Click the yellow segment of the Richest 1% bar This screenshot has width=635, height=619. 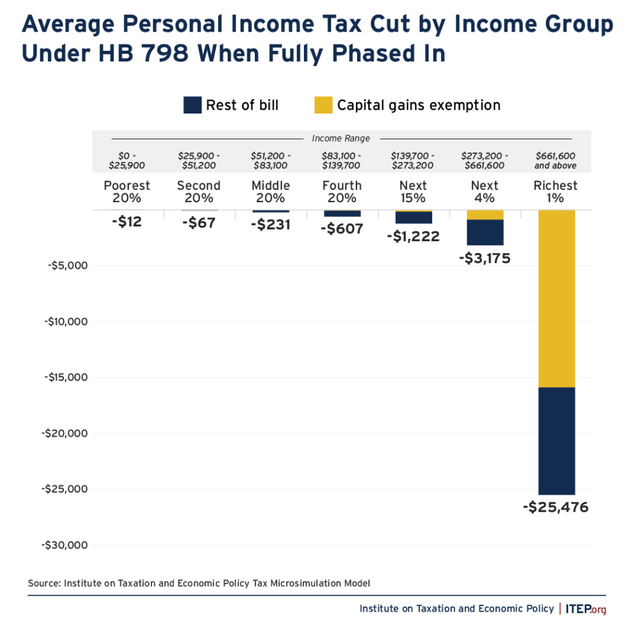556,298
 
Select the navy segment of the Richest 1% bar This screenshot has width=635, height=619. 556,440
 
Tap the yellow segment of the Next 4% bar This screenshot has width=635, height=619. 485,215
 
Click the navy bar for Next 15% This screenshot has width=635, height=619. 414,217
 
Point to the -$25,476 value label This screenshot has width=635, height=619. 556,507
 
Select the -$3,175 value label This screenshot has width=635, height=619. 484,258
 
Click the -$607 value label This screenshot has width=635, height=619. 342,228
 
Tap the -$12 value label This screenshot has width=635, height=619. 127,221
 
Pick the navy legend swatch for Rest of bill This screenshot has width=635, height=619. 192,105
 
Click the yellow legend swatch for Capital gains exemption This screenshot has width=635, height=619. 323,105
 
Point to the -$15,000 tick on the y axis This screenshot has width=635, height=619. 65,377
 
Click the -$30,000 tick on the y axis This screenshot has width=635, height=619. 65,545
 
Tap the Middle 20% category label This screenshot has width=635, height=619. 270,192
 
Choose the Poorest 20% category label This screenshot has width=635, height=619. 127,192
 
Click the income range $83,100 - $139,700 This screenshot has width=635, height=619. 342,161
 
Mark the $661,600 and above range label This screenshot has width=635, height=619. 556,161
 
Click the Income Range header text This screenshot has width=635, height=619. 341,138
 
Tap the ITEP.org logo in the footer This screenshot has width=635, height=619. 586,608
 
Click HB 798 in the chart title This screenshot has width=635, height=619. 141,53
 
